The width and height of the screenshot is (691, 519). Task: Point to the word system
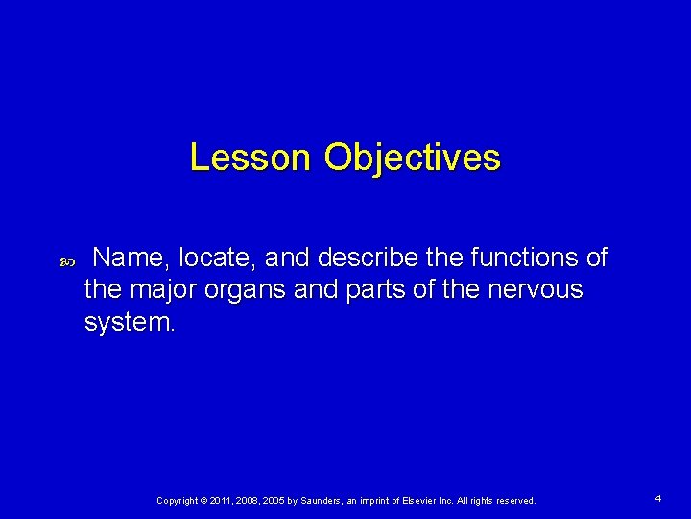(x=130, y=321)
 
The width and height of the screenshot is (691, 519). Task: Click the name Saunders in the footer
(x=329, y=501)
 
